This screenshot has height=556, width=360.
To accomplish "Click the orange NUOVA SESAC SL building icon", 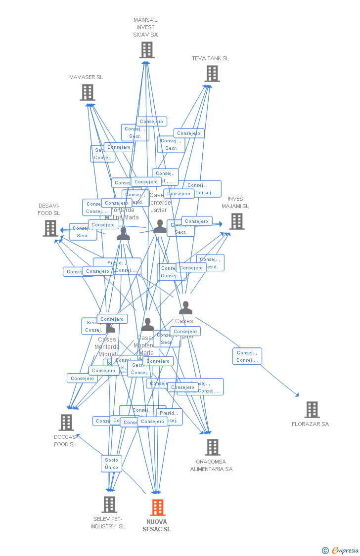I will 158,507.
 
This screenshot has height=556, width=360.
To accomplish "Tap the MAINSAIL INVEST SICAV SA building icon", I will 146,50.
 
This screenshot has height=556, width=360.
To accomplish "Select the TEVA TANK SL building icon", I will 212,74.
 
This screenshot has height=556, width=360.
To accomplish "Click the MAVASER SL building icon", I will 88,92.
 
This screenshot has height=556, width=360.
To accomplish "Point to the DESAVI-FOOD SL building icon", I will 50,228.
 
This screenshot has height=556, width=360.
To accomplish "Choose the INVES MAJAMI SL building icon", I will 237,221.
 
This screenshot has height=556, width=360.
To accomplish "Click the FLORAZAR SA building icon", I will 312,410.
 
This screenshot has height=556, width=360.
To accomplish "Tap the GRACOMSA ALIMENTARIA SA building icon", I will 213,447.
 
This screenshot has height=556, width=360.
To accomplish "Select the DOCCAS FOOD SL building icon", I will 66,423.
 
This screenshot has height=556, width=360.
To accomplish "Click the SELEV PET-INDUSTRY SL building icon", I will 109,505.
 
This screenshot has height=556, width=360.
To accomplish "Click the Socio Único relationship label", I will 112,464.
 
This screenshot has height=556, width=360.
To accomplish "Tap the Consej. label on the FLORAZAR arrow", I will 247,356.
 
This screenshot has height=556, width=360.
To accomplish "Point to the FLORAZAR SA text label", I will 310,424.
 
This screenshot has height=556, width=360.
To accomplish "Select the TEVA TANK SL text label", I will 211,58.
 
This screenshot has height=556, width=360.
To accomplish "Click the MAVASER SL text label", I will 86,77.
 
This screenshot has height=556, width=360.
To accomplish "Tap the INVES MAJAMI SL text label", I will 235,203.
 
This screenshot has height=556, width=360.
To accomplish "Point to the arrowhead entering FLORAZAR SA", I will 298,395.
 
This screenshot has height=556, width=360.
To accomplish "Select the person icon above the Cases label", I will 185,308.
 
